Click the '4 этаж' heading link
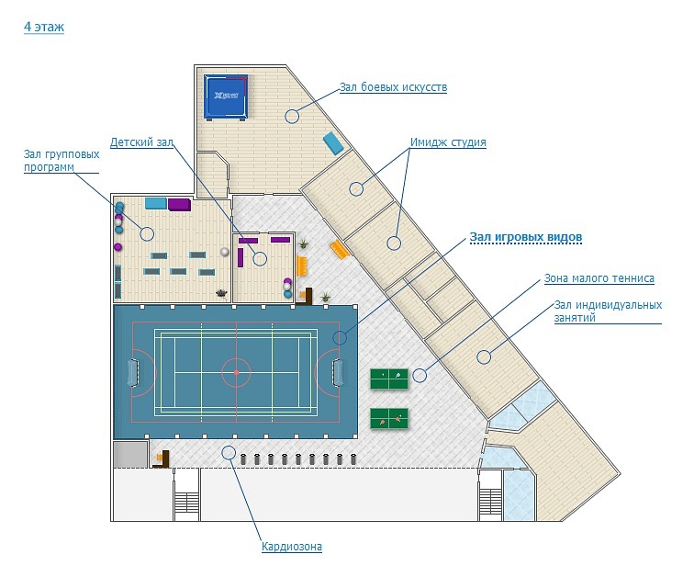tap(43, 28)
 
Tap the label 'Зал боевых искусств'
tap(392, 87)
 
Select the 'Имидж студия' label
tap(448, 142)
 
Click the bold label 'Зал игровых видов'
tap(526, 237)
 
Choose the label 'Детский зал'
tap(141, 142)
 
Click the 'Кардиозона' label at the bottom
tap(292, 547)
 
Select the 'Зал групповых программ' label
tap(62, 161)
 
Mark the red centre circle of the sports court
tap(236, 372)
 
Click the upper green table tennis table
tap(389, 378)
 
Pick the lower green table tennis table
tap(389, 419)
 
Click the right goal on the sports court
tap(339, 372)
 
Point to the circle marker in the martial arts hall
tap(292, 116)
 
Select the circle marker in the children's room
tap(260, 259)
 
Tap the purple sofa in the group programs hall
tap(178, 204)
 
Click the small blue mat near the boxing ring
tap(333, 142)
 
